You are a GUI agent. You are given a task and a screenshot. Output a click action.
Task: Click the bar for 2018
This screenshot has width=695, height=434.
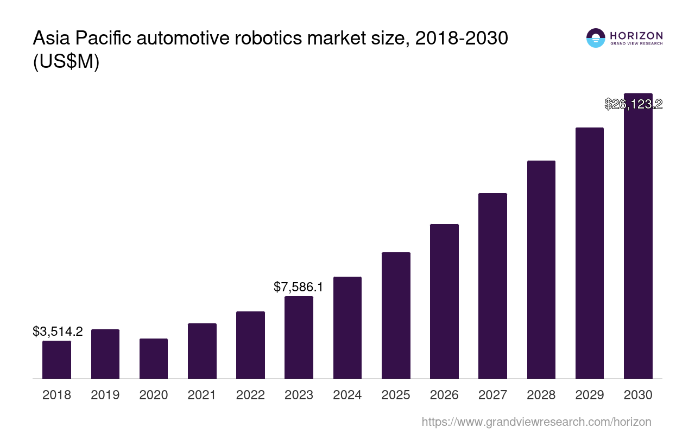tap(56, 360)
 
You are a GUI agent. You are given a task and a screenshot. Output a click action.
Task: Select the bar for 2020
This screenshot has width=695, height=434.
tap(154, 359)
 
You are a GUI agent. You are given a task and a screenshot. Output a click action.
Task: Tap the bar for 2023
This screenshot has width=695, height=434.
tap(299, 337)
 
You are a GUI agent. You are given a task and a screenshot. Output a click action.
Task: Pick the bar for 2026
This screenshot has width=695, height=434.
tap(444, 301)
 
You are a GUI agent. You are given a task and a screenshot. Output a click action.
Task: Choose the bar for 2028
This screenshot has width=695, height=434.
tap(541, 270)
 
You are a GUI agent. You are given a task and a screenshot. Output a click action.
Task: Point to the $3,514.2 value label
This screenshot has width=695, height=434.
tap(58, 331)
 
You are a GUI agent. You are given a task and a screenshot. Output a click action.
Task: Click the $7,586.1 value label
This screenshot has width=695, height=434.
tap(298, 287)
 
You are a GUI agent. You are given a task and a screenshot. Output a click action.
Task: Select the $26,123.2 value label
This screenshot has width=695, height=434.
tap(633, 104)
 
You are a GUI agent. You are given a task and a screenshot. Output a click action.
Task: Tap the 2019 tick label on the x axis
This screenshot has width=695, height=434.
tap(105, 395)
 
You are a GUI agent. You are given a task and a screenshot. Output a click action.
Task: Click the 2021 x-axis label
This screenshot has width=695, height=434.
tap(202, 395)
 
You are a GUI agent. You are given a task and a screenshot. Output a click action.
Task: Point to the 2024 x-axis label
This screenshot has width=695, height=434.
tap(347, 395)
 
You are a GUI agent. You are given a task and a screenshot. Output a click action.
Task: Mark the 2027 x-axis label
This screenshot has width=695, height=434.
tap(492, 395)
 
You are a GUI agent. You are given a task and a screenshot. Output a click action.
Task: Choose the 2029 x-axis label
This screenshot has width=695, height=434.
tap(590, 395)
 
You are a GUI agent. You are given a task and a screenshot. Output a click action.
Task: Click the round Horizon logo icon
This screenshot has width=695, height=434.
tap(596, 38)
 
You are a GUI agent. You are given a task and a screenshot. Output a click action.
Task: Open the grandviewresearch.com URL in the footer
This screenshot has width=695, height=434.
tap(536, 422)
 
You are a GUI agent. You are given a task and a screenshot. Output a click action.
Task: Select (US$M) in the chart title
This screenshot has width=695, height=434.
tap(66, 62)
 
